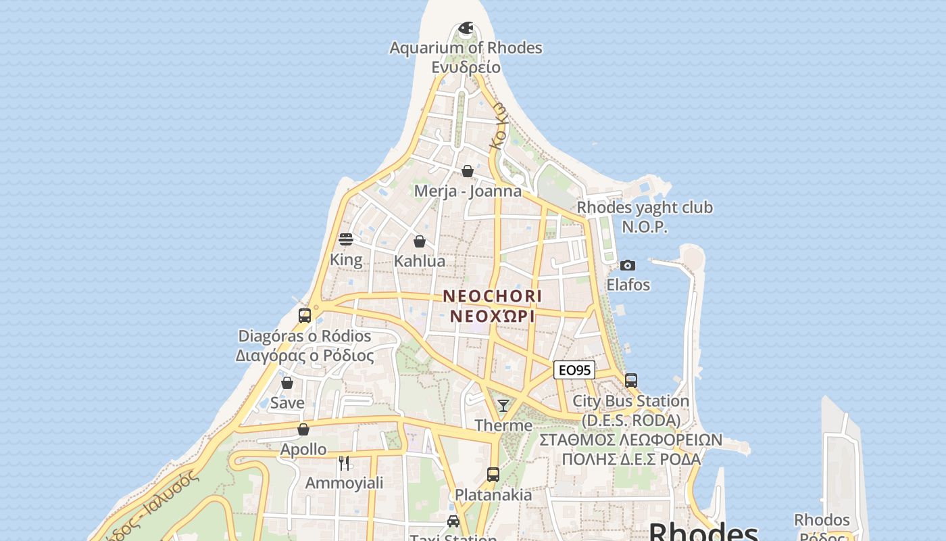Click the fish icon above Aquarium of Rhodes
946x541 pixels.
(x=466, y=28)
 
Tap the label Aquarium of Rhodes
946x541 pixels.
(x=466, y=48)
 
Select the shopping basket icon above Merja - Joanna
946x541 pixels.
(x=467, y=171)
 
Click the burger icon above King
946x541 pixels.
(x=346, y=239)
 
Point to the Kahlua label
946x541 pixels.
(x=420, y=261)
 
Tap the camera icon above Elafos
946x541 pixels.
(x=628, y=265)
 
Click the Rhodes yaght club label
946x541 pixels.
(x=645, y=208)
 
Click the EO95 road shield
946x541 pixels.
(x=574, y=370)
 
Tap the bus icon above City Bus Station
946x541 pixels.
(x=630, y=381)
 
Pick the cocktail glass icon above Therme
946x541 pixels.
(x=503, y=406)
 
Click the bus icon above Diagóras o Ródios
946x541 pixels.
(x=305, y=316)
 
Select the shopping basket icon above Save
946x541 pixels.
(x=287, y=383)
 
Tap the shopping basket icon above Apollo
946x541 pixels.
(x=303, y=429)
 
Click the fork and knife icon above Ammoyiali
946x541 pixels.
(x=344, y=463)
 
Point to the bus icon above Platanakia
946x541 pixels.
(x=493, y=475)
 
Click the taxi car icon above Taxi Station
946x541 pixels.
(x=453, y=521)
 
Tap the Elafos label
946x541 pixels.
(x=628, y=285)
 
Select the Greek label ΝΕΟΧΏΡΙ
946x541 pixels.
(x=493, y=316)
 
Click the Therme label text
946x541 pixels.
(x=503, y=425)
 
